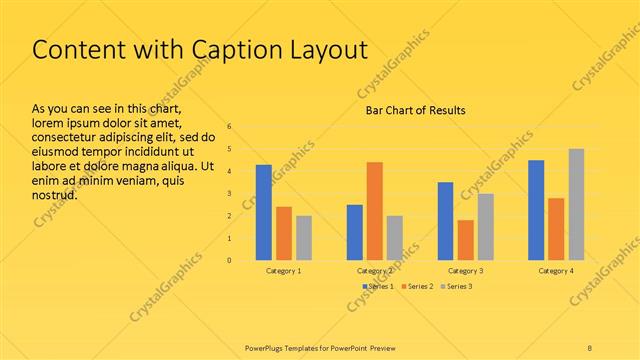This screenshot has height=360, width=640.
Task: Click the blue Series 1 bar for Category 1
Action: pyautogui.click(x=264, y=212)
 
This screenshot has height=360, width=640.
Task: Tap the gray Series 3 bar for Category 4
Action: pyautogui.click(x=576, y=204)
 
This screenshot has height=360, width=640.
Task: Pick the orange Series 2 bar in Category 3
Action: pyautogui.click(x=465, y=240)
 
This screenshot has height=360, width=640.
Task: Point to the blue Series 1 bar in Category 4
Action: pyautogui.click(x=536, y=210)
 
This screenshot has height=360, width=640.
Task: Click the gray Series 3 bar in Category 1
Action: pyautogui.click(x=304, y=238)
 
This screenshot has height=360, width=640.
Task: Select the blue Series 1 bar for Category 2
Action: pyautogui.click(x=355, y=232)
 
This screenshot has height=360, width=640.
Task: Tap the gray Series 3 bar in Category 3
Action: pyautogui.click(x=485, y=227)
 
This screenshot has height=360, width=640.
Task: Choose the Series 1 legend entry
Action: pyautogui.click(x=378, y=287)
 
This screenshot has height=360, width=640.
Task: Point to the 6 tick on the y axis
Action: pyautogui.click(x=229, y=127)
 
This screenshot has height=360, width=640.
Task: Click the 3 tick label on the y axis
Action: pyautogui.click(x=229, y=194)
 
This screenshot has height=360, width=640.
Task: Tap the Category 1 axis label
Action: pyautogui.click(x=284, y=271)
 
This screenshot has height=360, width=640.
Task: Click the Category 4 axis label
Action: pyautogui.click(x=556, y=271)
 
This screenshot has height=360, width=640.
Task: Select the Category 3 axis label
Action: pyautogui.click(x=465, y=271)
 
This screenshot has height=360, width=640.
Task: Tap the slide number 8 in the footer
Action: pyautogui.click(x=590, y=346)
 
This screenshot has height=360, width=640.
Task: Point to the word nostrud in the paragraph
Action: pyautogui.click(x=55, y=197)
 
